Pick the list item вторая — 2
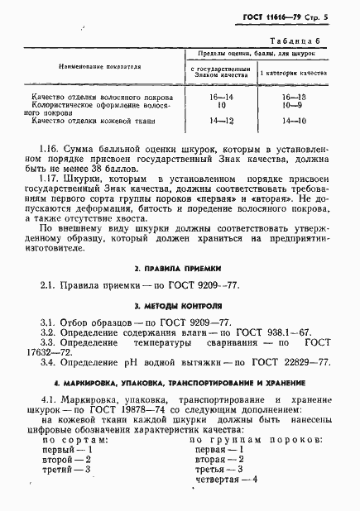point(219,458)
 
